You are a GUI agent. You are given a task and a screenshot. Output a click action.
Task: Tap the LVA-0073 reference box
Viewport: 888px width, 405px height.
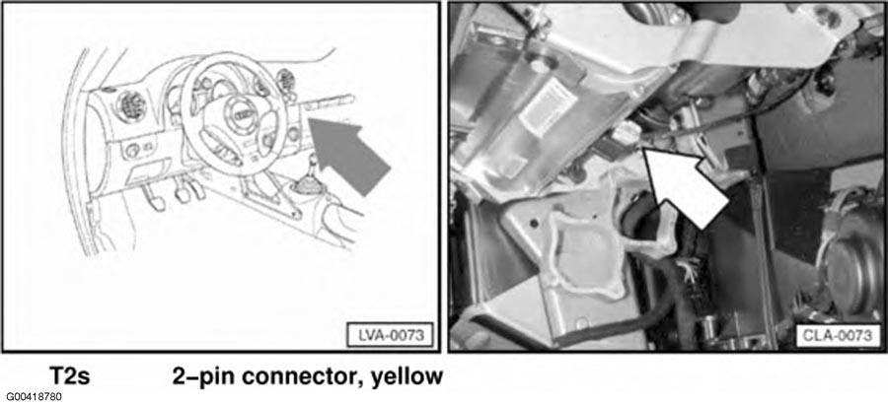click(x=389, y=336)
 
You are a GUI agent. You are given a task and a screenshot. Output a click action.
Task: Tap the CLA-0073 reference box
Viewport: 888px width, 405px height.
click(x=836, y=336)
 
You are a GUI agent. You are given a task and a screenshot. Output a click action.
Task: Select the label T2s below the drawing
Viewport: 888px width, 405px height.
click(x=71, y=375)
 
